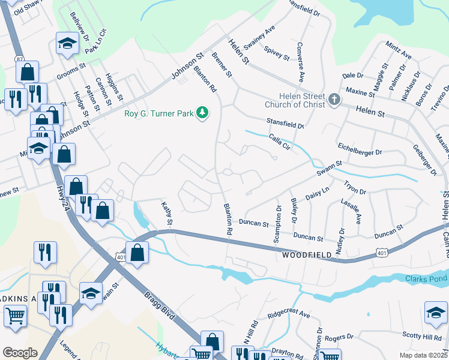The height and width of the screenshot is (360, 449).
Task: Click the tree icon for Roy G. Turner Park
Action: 203,113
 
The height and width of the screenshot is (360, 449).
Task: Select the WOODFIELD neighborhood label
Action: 307,256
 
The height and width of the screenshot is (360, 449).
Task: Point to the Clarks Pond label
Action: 426,278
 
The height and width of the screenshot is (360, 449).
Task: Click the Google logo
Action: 20,352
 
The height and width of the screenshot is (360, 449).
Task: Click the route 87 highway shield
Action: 19,58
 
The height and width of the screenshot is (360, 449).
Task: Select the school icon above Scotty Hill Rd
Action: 436,313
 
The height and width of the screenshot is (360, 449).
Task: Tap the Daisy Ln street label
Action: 318,193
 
